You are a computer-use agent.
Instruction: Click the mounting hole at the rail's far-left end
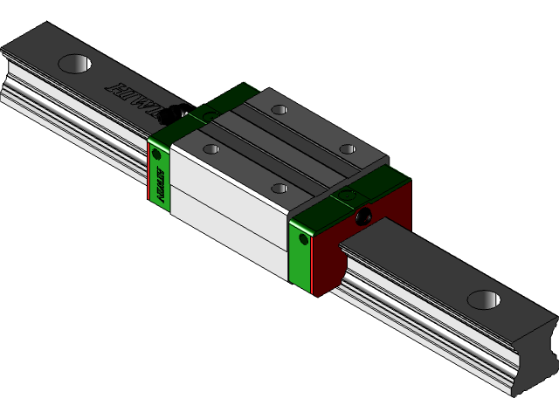tap(76, 64)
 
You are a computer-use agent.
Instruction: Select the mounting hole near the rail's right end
tap(483, 299)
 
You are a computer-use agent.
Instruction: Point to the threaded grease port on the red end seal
tap(363, 215)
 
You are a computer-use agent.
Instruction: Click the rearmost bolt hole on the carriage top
tap(279, 110)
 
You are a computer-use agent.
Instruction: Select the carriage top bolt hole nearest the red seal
tap(347, 148)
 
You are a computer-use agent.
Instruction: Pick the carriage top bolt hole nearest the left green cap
tap(210, 149)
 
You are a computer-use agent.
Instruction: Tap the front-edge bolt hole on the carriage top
tap(279, 188)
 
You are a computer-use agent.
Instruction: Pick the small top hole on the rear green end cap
tap(210, 114)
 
